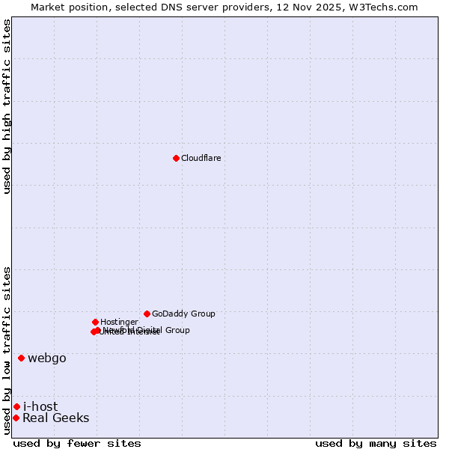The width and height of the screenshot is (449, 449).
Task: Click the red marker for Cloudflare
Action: click(x=176, y=158)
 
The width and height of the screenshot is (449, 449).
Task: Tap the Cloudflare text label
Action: click(x=201, y=158)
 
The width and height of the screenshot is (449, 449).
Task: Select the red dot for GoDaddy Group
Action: click(x=147, y=314)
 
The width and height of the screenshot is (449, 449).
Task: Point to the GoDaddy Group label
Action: click(x=183, y=314)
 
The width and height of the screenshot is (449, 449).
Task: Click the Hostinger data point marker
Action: click(x=95, y=322)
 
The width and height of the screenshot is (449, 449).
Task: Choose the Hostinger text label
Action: click(x=119, y=322)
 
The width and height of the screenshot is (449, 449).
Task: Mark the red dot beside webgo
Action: click(x=21, y=358)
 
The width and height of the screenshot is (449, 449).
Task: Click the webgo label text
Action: click(x=47, y=358)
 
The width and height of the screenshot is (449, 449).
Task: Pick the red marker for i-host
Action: click(x=16, y=406)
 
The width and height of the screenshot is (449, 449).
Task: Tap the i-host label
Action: click(x=40, y=406)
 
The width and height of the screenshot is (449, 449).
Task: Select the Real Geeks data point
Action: click(x=16, y=418)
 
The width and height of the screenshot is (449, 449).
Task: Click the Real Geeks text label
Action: click(x=56, y=418)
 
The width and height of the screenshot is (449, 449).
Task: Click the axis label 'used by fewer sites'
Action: click(x=77, y=443)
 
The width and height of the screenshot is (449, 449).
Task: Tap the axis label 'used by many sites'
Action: click(x=376, y=443)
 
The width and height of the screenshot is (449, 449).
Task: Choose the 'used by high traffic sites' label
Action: click(x=7, y=106)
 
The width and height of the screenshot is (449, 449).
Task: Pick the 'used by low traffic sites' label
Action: click(x=7, y=350)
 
